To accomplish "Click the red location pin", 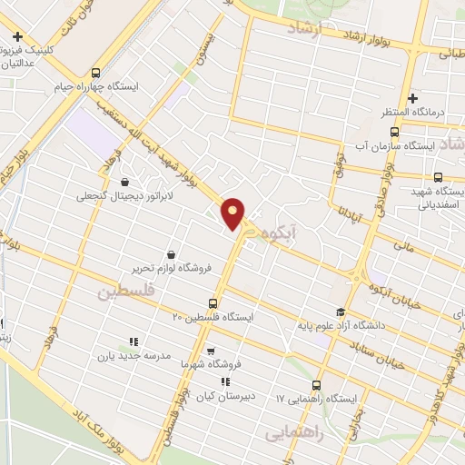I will (233, 213).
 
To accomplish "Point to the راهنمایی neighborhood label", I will (293, 434).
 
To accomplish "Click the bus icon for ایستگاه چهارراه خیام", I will (97, 74).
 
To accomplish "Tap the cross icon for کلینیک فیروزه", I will (18, 38).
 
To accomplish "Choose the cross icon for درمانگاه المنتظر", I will (412, 98).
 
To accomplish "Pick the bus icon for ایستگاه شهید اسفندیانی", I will (438, 177).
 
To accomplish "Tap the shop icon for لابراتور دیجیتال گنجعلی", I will (124, 182).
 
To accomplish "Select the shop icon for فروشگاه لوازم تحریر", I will (170, 255).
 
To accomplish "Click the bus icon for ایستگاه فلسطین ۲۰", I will (213, 303).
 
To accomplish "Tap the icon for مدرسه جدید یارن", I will (133, 342).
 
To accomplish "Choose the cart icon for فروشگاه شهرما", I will (211, 351).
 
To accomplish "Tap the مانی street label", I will (405, 244).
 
